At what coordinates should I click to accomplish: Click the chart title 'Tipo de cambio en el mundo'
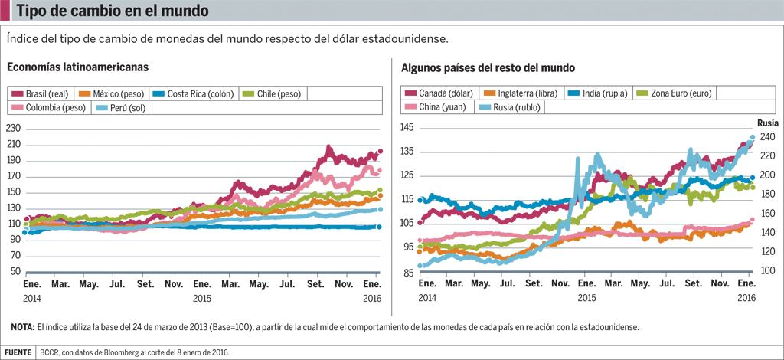[x=103, y=12]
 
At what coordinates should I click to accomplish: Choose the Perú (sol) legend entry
[x=122, y=108]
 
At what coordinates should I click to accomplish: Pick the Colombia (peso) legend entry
[x=50, y=108]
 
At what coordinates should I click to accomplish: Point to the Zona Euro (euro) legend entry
[x=675, y=93]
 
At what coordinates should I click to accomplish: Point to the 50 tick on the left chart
[x=15, y=272]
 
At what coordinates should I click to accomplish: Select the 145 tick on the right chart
[x=407, y=127]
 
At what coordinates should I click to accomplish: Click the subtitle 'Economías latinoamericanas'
[x=78, y=67]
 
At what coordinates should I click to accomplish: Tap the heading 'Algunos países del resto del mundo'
[x=488, y=67]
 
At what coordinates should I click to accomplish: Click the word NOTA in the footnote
[x=21, y=327]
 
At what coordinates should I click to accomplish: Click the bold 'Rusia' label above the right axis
[x=768, y=123]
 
